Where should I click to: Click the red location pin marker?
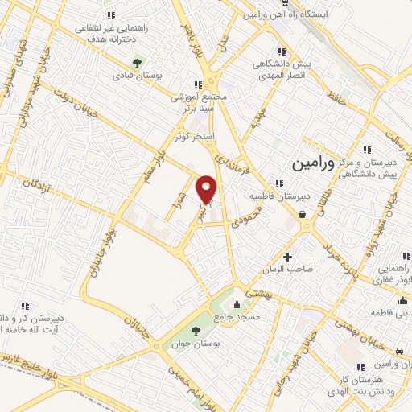click(208, 190)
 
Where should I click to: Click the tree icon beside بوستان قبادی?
click(138, 61)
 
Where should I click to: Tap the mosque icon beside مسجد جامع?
click(237, 305)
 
